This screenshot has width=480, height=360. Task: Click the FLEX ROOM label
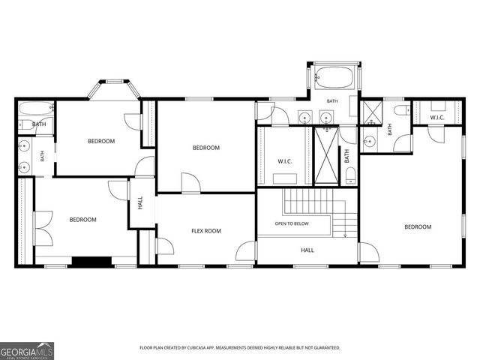[x=206, y=231]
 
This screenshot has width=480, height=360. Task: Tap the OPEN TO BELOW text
[x=292, y=223]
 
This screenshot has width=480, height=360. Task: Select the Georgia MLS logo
[x=27, y=351]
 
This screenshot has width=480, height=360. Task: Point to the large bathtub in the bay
[x=334, y=78]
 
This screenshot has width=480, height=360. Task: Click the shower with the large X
[x=326, y=155]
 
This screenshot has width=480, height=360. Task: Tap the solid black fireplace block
[x=91, y=261]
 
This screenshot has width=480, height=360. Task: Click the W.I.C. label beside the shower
[x=285, y=161]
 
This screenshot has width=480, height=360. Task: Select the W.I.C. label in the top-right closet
[x=436, y=118]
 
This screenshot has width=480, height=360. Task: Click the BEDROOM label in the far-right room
[x=418, y=226]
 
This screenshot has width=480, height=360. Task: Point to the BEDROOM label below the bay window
[x=101, y=141]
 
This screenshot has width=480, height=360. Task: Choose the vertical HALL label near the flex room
[x=140, y=203]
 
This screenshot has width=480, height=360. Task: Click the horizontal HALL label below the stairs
[x=307, y=250]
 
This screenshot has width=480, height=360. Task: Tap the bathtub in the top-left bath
[x=36, y=108]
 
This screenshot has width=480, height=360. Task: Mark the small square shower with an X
[x=372, y=113]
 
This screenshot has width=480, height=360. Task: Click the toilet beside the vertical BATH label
[x=351, y=175]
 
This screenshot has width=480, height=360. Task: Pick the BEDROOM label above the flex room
[x=206, y=148]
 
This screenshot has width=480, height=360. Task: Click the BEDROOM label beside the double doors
[x=83, y=220]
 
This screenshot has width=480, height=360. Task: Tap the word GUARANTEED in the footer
[x=328, y=348]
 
